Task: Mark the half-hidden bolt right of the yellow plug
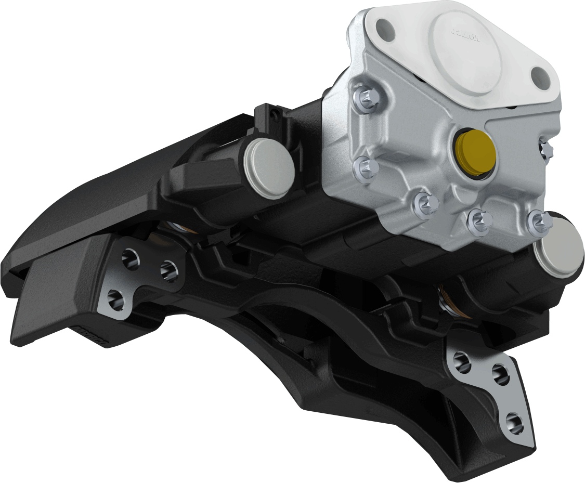[546, 147]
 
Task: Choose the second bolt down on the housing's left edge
[366, 166]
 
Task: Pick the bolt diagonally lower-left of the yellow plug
[425, 205]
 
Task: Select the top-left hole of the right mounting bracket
[461, 360]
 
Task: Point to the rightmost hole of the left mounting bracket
[168, 269]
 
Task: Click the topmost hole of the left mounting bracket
[129, 256]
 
